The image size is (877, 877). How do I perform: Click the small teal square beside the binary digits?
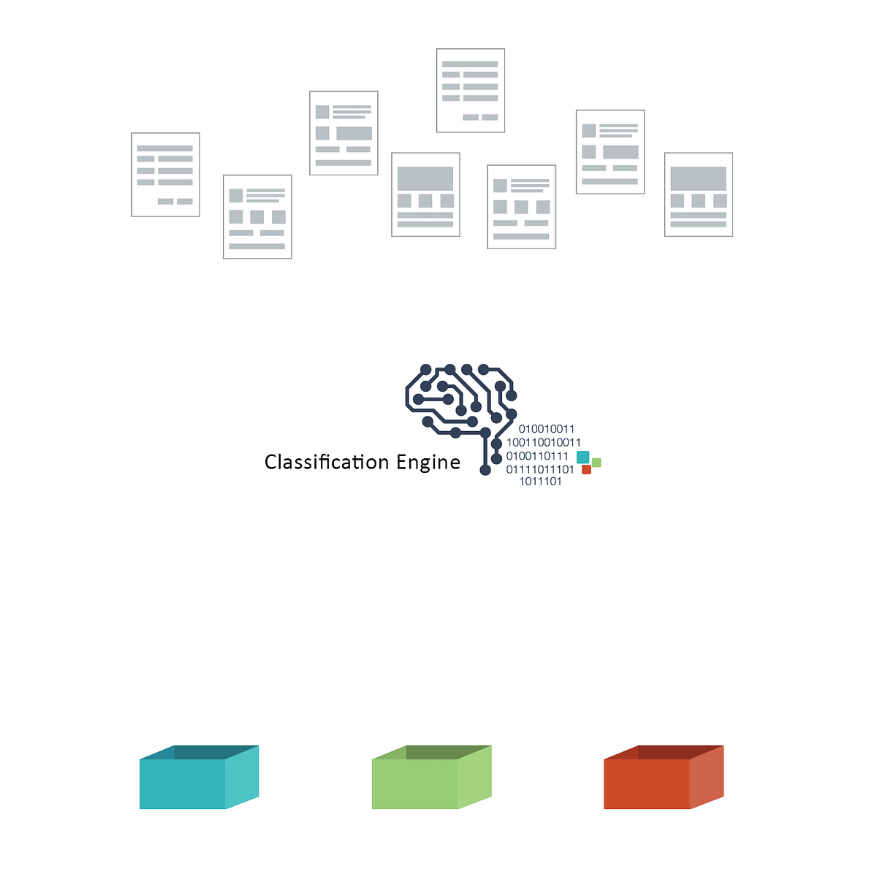pyautogui.click(x=582, y=457)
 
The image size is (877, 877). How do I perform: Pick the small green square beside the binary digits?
pyautogui.click(x=596, y=462)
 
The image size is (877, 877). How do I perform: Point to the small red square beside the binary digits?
pyautogui.click(x=586, y=470)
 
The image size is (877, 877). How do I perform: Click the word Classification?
pyautogui.click(x=327, y=462)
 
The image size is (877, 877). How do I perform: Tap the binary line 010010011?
pyautogui.click(x=547, y=429)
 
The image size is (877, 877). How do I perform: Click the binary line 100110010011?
pyautogui.click(x=544, y=442)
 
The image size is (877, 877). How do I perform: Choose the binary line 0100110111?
pyautogui.click(x=537, y=456)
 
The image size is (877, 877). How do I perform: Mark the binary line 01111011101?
pyautogui.click(x=540, y=469)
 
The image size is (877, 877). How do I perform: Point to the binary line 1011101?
pyautogui.click(x=541, y=482)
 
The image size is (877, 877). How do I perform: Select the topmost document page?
pyautogui.click(x=471, y=91)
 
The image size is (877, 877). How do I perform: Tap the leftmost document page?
pyautogui.click(x=165, y=175)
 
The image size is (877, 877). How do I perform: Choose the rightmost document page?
pyautogui.click(x=699, y=194)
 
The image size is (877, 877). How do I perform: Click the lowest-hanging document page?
pyautogui.click(x=257, y=217)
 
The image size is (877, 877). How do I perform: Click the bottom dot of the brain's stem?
pyautogui.click(x=485, y=470)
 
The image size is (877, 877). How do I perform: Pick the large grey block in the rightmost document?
pyautogui.click(x=699, y=178)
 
